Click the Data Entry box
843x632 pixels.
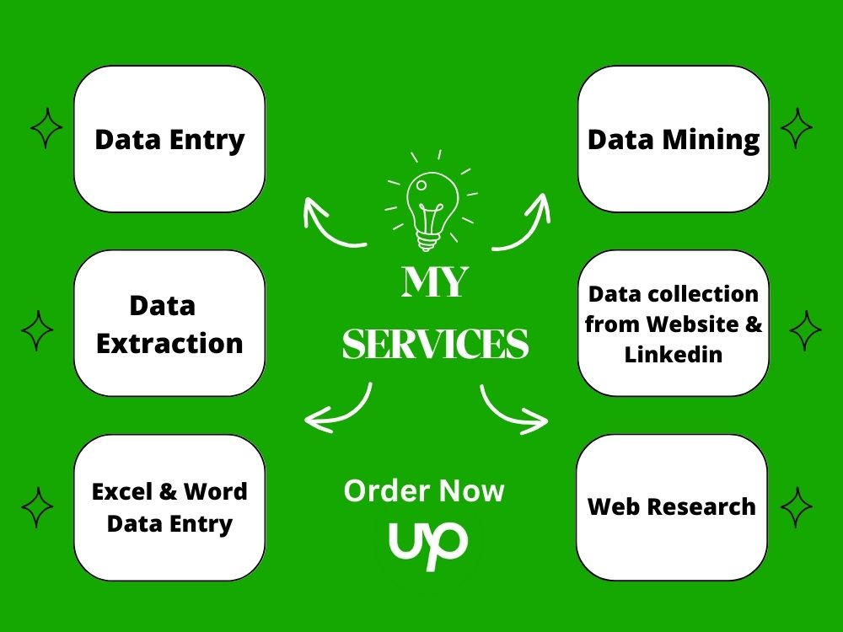point(169,139)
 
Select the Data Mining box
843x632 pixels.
point(673,139)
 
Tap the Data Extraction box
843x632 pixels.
point(169,323)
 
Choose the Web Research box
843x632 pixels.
point(672,507)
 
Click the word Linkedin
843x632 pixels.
point(673,355)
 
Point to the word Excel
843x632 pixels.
point(122,491)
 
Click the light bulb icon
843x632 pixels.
point(431,201)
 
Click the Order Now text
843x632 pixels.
point(424,490)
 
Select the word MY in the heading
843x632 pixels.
point(435,281)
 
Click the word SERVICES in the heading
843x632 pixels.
point(436,344)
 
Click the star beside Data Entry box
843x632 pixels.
point(46,128)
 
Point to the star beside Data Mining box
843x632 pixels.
point(797,128)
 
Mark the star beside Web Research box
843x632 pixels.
point(797,507)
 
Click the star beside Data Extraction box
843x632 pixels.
point(37,330)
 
